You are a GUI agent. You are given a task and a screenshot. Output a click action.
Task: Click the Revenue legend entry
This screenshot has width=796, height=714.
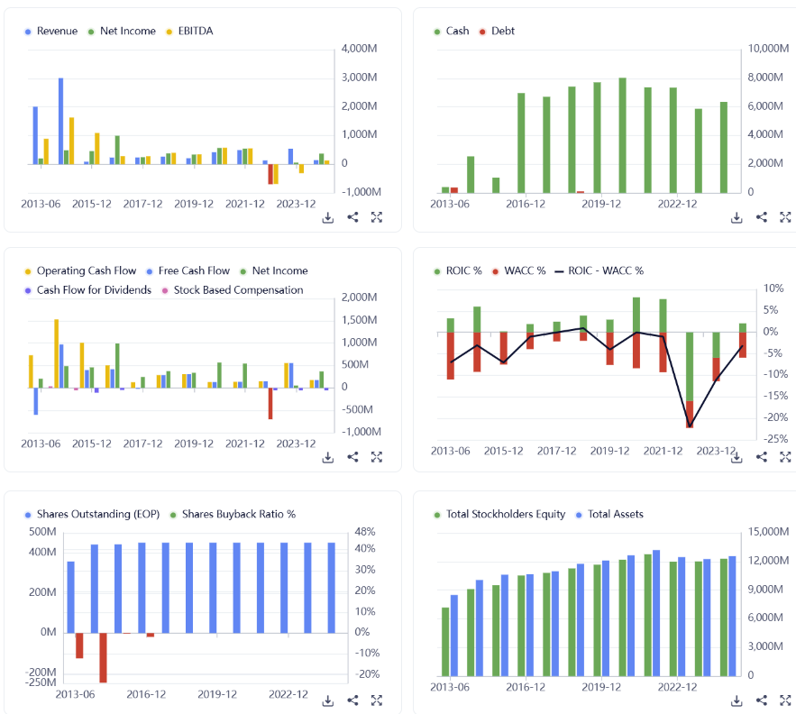56,31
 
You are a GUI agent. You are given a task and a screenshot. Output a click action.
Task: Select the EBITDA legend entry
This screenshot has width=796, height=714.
194,31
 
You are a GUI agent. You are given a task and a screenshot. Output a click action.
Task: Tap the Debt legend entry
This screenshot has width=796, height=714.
502,31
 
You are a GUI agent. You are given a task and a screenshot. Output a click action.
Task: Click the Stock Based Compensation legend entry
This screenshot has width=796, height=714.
238,290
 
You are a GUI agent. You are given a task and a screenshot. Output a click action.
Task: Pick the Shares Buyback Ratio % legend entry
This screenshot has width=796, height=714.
238,514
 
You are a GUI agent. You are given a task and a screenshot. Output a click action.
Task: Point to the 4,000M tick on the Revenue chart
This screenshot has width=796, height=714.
361,49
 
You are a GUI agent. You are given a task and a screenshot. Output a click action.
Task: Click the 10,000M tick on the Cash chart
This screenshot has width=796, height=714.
769,49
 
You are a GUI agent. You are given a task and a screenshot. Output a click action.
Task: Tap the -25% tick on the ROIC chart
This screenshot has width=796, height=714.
772,439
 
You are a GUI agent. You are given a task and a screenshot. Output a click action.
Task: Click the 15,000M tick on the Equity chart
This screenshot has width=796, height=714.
769,532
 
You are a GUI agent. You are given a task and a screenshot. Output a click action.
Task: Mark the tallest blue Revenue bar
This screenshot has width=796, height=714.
60,121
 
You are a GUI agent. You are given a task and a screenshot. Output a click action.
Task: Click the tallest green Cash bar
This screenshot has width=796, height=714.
622,135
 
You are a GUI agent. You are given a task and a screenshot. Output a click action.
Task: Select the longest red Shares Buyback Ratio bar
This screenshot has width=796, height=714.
103,657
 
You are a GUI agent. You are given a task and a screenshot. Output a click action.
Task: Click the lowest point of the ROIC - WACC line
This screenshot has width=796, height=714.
690,426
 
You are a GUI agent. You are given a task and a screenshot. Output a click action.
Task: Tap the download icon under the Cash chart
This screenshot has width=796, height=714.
737,217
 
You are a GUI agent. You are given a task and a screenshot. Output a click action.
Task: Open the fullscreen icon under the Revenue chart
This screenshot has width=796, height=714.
377,217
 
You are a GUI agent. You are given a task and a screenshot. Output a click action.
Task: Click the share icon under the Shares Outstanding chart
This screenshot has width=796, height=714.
352,700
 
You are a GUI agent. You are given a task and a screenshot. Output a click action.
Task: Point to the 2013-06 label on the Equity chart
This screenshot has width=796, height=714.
450,687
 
